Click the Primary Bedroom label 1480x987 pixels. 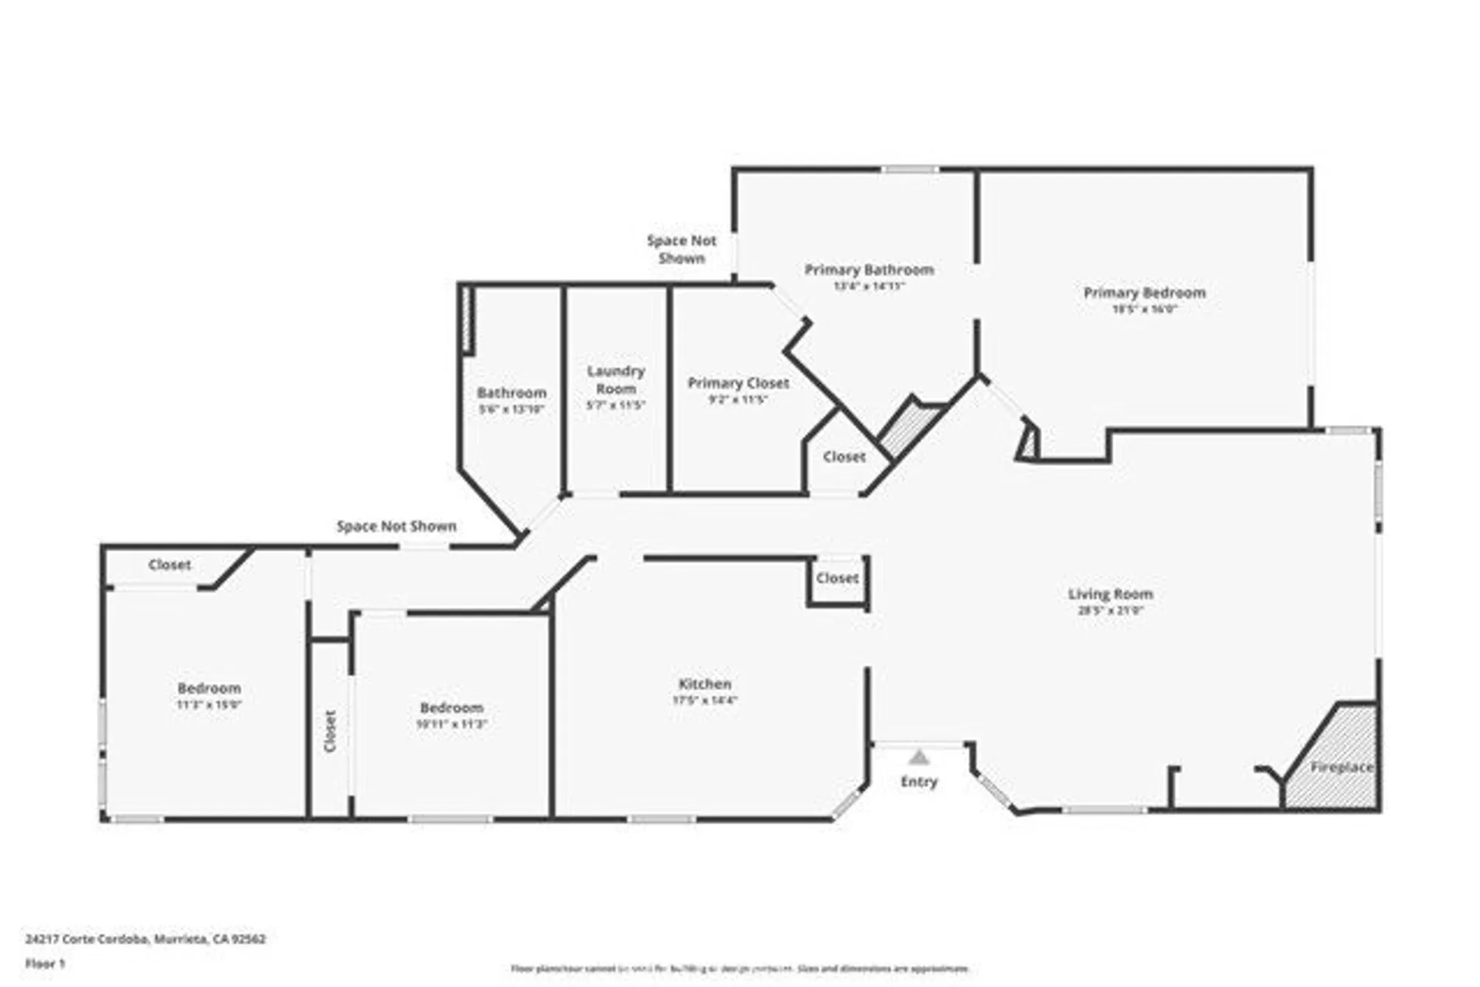1144,292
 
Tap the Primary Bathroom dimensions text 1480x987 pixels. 869,286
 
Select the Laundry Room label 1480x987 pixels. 616,379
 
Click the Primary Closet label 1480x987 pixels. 738,383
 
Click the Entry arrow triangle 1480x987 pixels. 918,758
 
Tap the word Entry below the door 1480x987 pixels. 918,781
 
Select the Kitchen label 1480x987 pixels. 704,684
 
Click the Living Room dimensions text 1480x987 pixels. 1110,610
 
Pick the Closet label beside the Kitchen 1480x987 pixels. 837,578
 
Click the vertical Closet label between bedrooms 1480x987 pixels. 330,731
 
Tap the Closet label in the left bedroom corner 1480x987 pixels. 169,565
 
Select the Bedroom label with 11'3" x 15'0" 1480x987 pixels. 209,687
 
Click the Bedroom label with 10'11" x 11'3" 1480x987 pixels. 451,707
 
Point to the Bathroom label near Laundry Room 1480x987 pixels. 511,392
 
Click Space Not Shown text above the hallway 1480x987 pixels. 396,526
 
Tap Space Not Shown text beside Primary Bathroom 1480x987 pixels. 682,249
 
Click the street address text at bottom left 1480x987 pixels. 145,939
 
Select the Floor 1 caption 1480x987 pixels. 45,963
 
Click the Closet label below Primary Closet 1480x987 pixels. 844,457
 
